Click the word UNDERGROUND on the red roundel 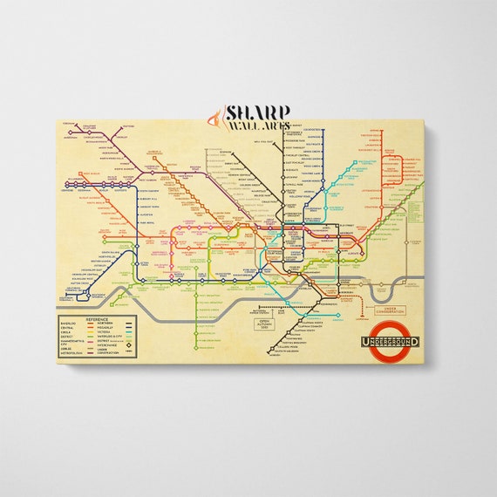389,341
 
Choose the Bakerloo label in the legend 70,323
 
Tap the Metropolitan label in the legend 71,353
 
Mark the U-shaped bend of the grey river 380,289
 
